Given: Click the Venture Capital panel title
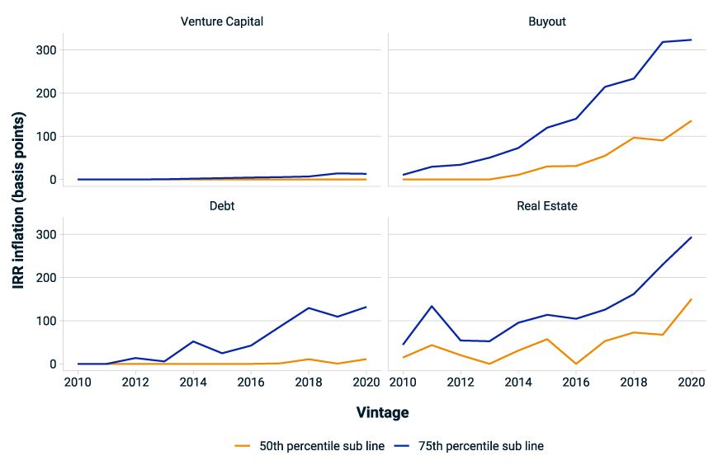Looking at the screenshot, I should click(222, 21).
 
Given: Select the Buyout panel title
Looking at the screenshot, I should click(547, 21).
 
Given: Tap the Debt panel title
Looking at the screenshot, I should click(222, 205).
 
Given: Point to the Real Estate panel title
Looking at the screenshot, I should click(547, 205).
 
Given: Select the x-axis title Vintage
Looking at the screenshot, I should click(382, 411).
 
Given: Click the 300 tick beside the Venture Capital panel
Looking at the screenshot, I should click(46, 50).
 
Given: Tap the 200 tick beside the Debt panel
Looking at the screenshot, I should click(46, 278).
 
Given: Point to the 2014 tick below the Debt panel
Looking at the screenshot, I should click(192, 383).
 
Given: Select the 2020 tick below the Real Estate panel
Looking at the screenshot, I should click(691, 383).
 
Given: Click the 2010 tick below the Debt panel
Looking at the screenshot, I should click(78, 383).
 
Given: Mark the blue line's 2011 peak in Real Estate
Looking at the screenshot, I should click(432, 306).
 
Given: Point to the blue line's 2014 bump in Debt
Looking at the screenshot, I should click(192, 341).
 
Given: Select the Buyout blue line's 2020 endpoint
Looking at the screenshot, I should click(691, 40).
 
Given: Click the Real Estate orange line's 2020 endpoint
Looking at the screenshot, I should click(691, 299).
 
